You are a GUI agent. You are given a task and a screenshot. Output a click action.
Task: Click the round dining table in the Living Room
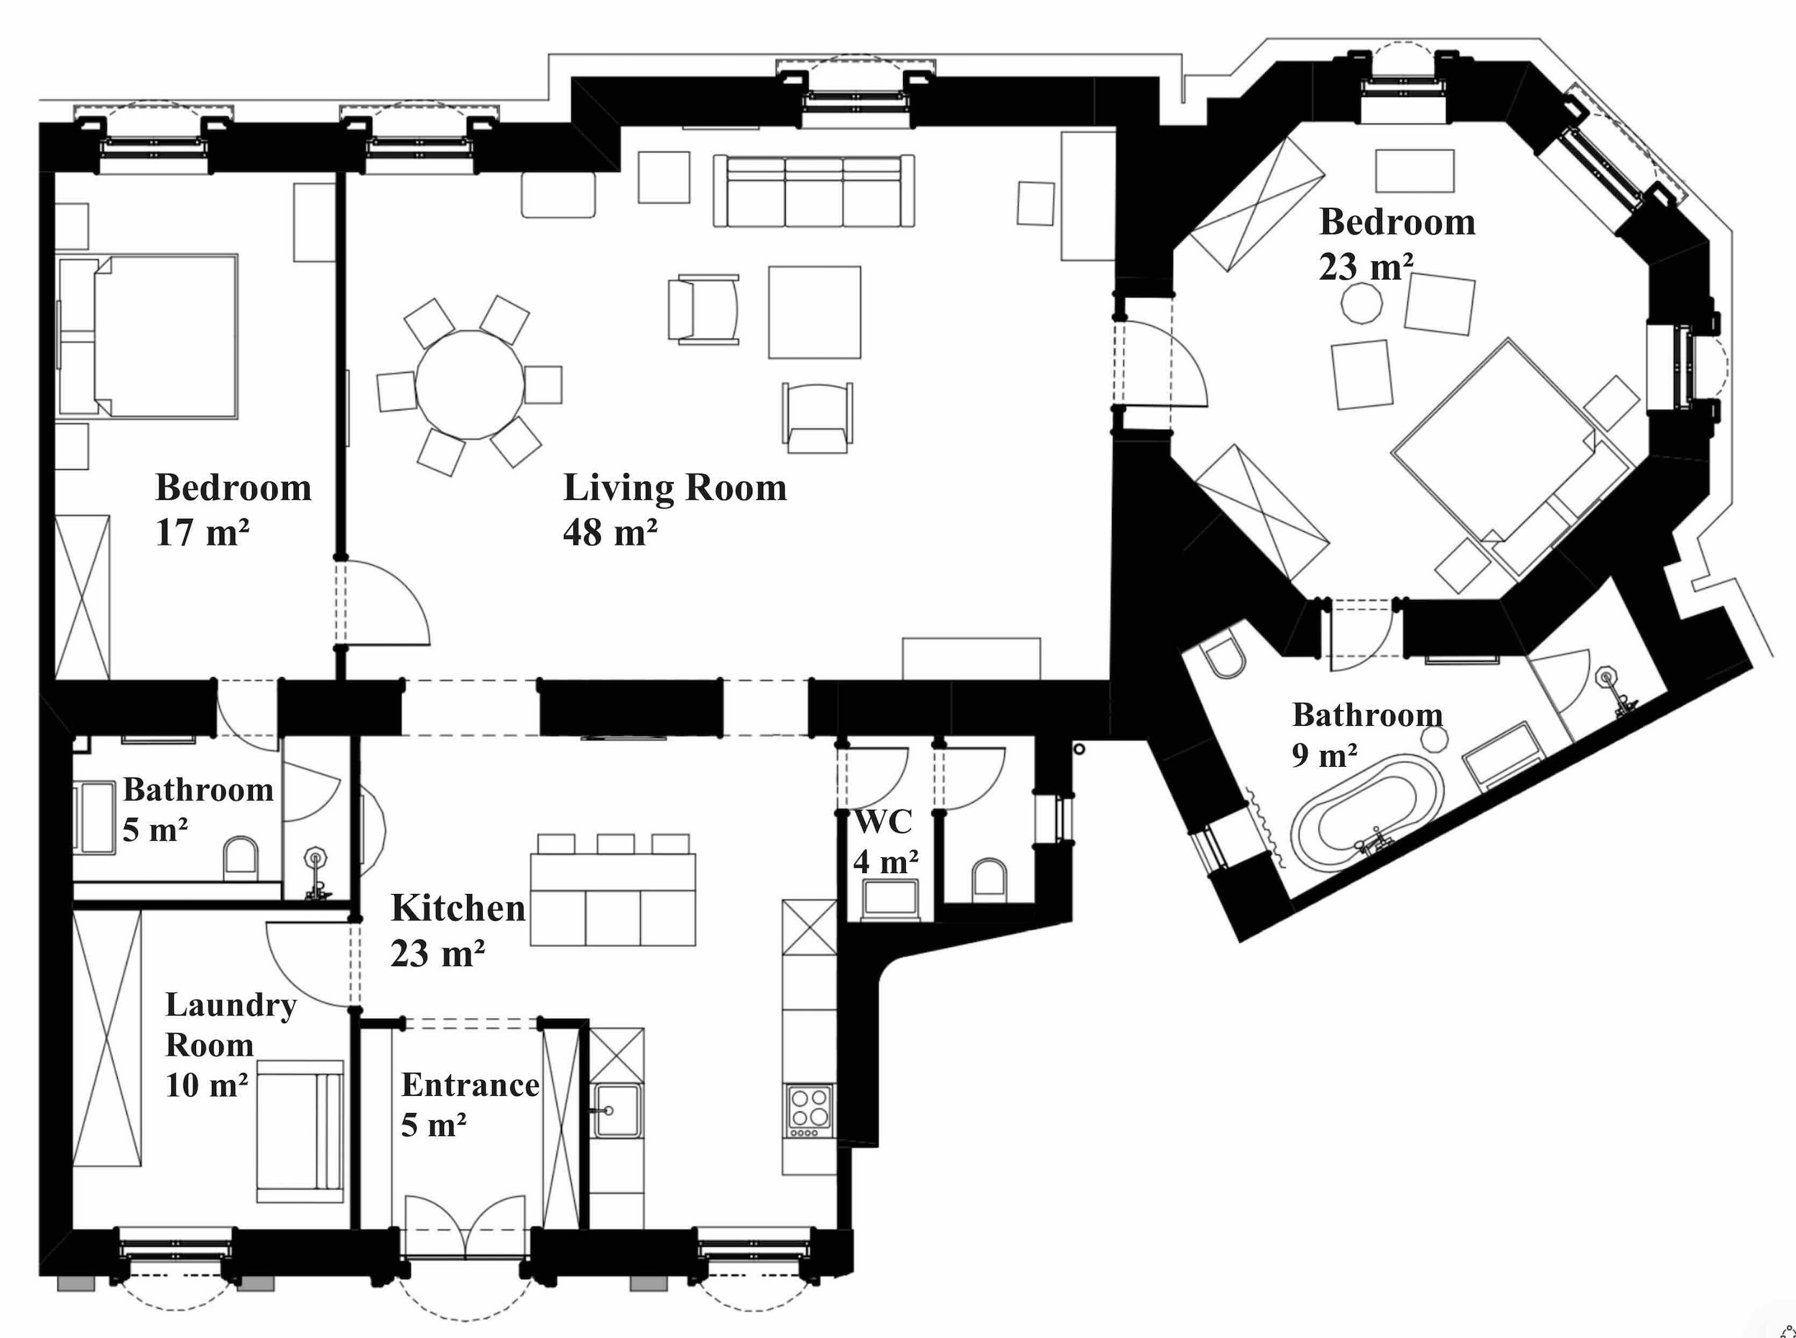point(470,384)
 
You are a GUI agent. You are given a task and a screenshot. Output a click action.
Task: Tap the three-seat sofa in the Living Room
point(814,190)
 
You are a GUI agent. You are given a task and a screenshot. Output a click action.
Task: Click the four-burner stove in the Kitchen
point(810,1109)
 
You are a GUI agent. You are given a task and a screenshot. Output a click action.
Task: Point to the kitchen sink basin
point(616,1110)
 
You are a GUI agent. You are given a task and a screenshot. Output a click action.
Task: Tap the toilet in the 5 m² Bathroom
point(241,859)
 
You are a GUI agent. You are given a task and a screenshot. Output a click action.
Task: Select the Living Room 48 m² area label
point(675,509)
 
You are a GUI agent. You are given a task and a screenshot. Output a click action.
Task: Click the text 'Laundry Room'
point(231,1025)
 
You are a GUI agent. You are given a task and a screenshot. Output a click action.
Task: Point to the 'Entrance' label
point(471,1085)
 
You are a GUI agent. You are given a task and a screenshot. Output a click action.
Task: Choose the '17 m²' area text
point(203,533)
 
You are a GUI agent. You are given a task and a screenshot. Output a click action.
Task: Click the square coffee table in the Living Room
point(815,312)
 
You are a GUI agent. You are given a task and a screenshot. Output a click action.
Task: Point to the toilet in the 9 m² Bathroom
point(1224,658)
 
